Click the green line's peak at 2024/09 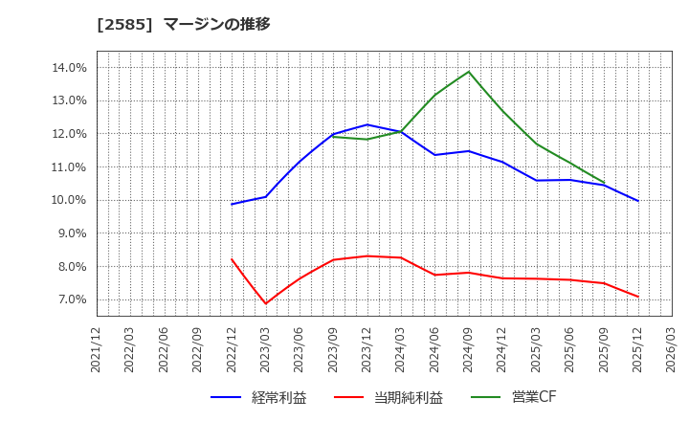469,72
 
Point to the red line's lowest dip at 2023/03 266,304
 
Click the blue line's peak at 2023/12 367,124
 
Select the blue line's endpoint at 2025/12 638,201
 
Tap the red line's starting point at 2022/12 232,259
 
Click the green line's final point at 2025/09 604,182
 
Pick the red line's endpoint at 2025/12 638,297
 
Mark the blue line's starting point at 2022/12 232,204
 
